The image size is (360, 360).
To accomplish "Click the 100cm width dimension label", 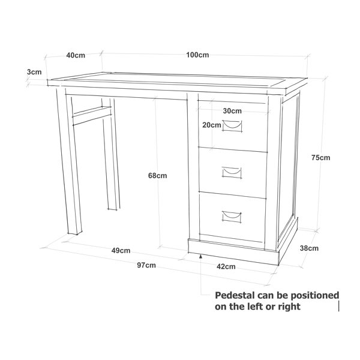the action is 197,55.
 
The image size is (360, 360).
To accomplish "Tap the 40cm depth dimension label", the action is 76,55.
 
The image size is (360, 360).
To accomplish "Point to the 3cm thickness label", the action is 34,72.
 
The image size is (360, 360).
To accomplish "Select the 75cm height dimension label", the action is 321,157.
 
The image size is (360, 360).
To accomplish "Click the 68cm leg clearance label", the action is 157,176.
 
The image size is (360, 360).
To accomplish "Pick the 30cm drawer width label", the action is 232,111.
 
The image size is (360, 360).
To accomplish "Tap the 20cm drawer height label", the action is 212,125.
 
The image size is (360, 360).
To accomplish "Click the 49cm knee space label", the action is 121,250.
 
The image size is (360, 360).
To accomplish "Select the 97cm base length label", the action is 146,265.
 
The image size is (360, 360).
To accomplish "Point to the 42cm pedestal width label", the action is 226,266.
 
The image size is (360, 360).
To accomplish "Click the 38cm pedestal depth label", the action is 309,248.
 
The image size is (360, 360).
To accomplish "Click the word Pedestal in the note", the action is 235,295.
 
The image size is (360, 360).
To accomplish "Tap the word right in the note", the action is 289,307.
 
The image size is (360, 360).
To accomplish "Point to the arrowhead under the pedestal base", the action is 201,256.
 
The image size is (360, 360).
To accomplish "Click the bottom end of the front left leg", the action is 74,234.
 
